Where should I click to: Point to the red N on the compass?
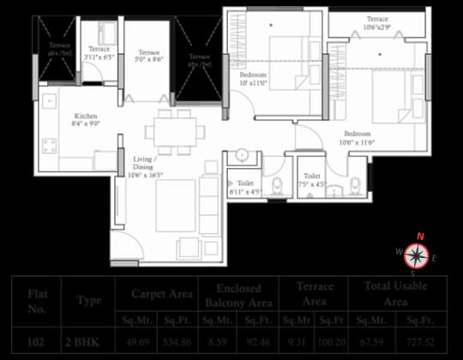(420, 237)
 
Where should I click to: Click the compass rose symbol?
(417, 254)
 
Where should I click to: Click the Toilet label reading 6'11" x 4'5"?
(246, 188)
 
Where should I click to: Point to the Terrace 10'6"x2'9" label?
(378, 23)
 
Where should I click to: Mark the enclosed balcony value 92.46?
(257, 340)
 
